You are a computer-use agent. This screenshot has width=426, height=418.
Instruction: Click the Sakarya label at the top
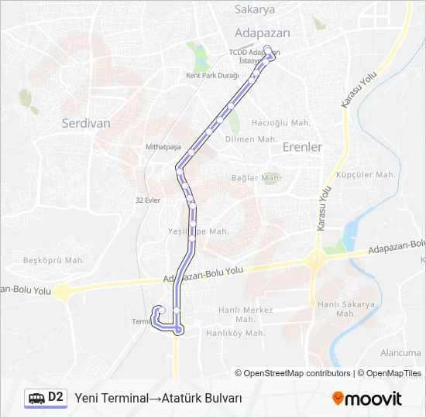(x=255, y=10)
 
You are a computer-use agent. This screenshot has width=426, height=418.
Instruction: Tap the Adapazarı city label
(x=262, y=33)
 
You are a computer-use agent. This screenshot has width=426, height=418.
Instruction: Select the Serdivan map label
(x=86, y=123)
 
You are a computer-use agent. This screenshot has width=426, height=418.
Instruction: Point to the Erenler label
(x=302, y=146)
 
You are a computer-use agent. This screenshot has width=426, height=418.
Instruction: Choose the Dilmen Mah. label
(x=251, y=139)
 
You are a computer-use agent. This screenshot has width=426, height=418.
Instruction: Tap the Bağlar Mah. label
(x=256, y=178)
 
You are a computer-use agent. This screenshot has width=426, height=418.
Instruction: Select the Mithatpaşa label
(x=163, y=147)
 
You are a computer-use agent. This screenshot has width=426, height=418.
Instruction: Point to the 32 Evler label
(x=147, y=200)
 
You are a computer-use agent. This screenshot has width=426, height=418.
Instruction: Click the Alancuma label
(x=400, y=353)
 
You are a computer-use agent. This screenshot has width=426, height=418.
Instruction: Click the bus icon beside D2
(x=36, y=398)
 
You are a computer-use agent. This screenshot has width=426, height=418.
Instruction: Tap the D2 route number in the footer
(x=56, y=397)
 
